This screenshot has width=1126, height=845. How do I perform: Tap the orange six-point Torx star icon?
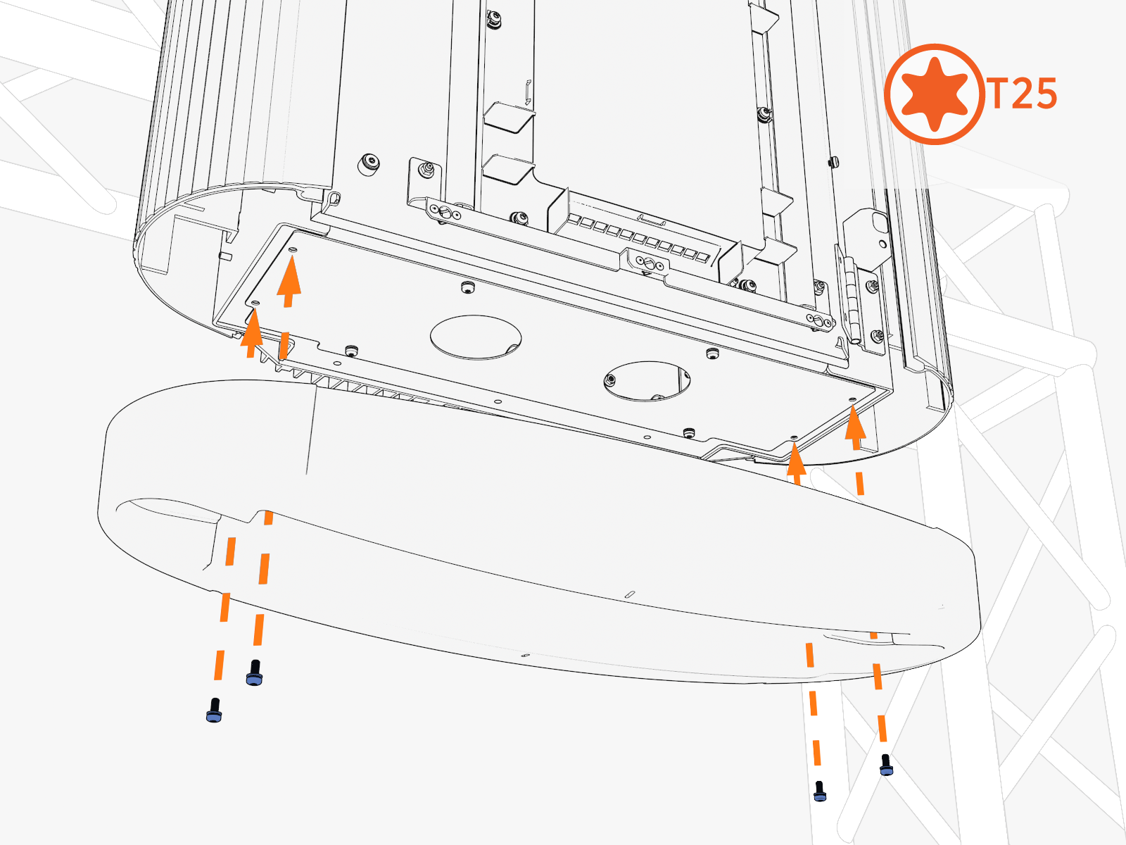tap(935, 94)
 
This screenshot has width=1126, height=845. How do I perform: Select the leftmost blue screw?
tap(215, 711)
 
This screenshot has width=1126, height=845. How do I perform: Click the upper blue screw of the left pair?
tap(255, 672)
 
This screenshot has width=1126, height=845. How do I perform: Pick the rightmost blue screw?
tap(886, 765)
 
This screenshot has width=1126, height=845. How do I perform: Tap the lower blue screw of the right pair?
tap(820, 791)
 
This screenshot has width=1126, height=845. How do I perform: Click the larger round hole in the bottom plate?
tap(476, 337)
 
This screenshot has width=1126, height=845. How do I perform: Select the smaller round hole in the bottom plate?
tap(646, 381)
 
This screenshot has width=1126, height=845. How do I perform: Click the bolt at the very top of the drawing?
tap(493, 20)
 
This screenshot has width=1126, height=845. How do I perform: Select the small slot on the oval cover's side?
tap(629, 594)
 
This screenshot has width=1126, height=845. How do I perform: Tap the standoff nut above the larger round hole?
tap(467, 287)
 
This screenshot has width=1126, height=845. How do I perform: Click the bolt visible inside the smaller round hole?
tap(610, 380)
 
